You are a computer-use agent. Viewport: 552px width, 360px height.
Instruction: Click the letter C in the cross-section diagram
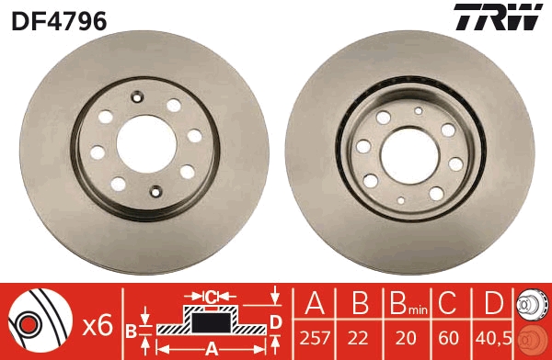(x=211, y=296)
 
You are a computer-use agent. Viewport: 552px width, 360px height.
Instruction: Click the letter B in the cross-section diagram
(x=132, y=328)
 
